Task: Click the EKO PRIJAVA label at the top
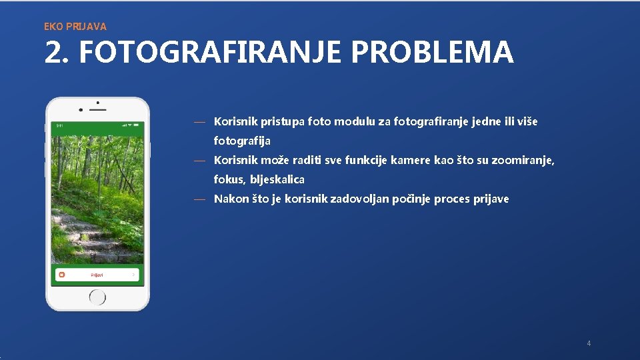click(x=75, y=27)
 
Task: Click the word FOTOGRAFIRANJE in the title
click(x=211, y=53)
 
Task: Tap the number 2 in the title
click(x=54, y=53)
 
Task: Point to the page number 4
click(x=589, y=343)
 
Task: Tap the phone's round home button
click(x=97, y=295)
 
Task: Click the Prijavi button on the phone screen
click(x=97, y=275)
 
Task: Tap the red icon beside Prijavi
click(x=61, y=275)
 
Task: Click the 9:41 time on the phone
click(x=59, y=125)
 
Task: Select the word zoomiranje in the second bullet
click(x=521, y=161)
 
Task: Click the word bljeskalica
click(x=277, y=180)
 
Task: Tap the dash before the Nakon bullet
click(x=199, y=199)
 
